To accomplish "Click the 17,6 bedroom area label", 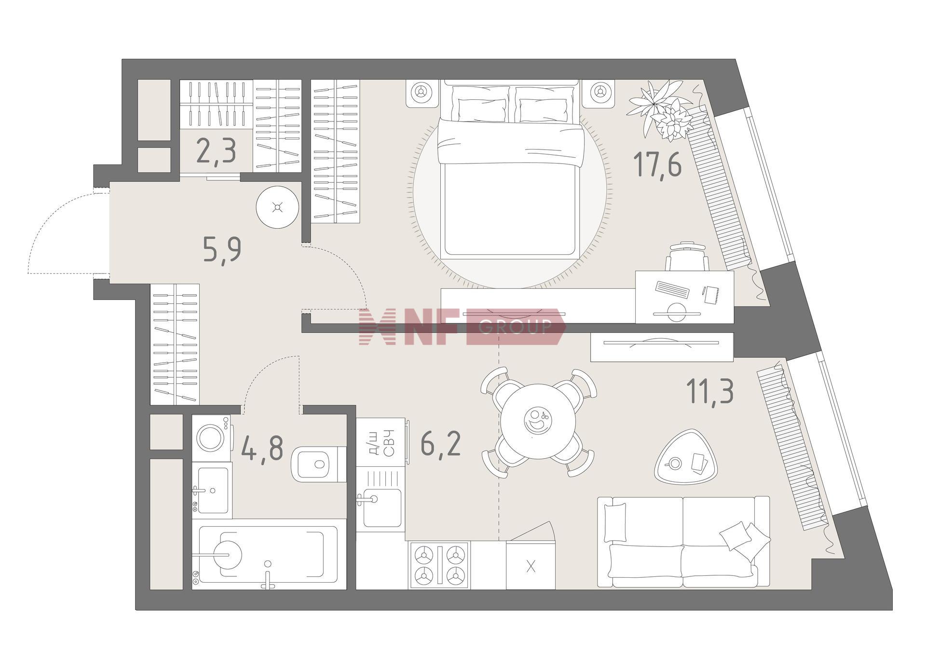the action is [x=657, y=164].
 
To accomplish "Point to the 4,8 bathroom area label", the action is [x=262, y=448].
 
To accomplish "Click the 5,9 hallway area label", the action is [x=222, y=249].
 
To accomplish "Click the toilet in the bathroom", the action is [x=319, y=463].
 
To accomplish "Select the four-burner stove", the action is [x=439, y=565].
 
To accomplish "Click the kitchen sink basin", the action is [x=382, y=508].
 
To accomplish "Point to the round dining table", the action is [x=538, y=423].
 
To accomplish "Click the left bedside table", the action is [x=422, y=93].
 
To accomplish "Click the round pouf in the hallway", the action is [x=277, y=208].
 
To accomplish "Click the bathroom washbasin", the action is [x=212, y=490].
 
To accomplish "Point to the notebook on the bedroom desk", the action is [x=711, y=294].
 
